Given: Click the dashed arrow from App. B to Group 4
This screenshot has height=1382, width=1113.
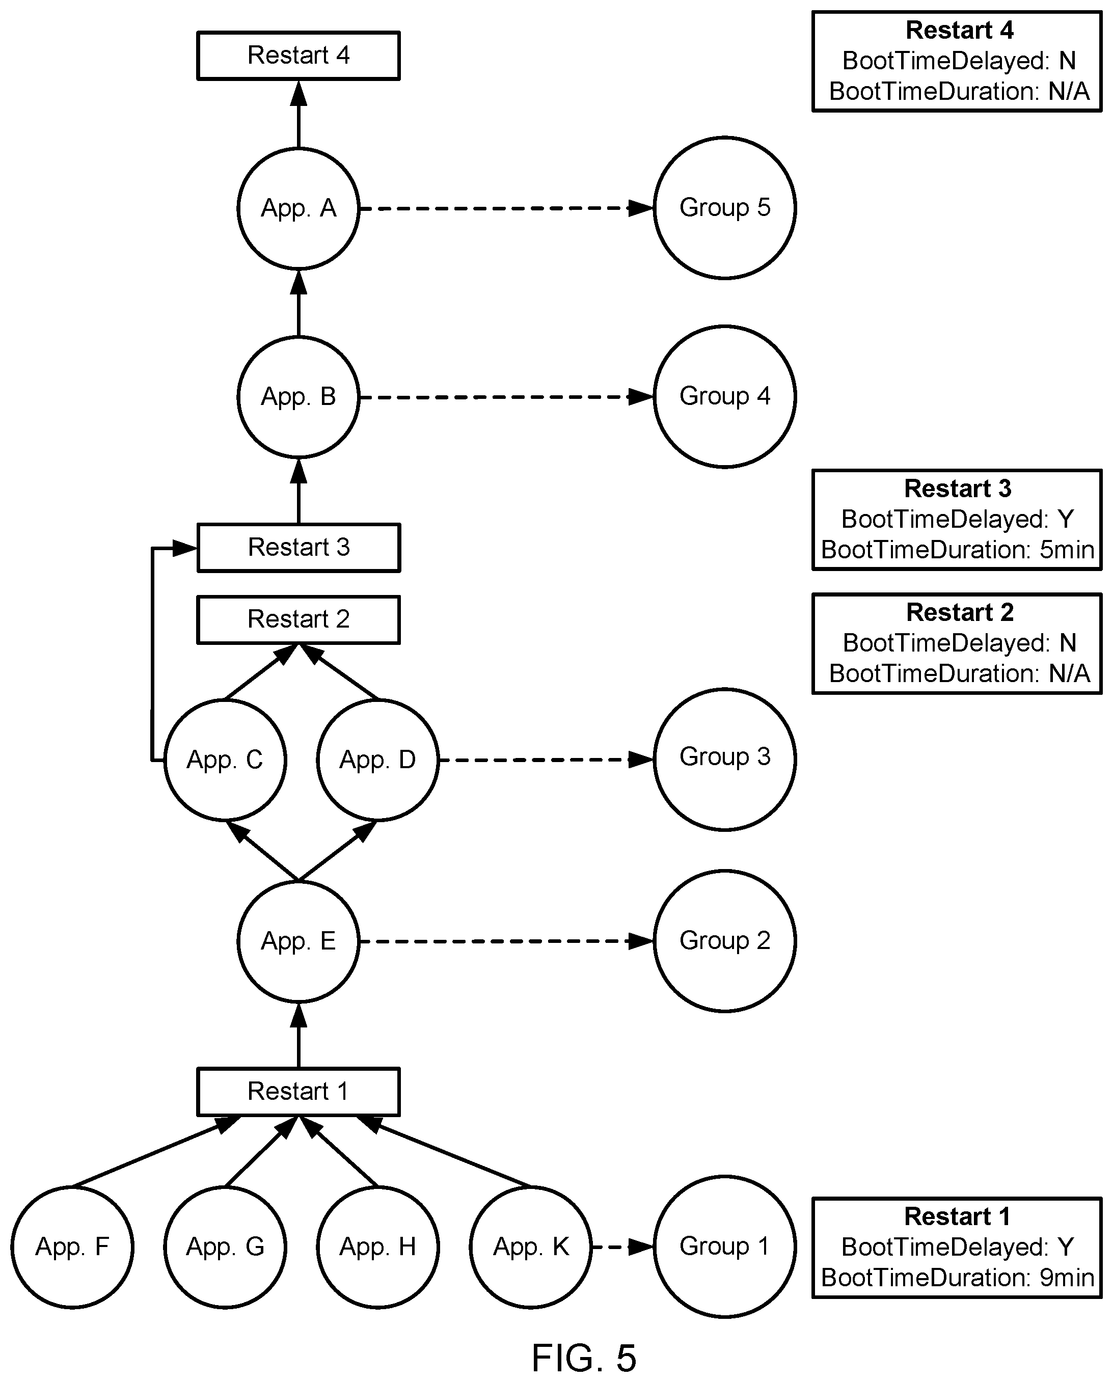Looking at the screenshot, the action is [x=506, y=397].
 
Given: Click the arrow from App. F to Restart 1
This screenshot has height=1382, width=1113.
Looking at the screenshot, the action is [x=156, y=1151].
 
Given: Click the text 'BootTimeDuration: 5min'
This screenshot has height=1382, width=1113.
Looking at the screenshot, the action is [x=957, y=549].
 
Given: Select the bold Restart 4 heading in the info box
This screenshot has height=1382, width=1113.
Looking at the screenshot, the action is [x=959, y=30].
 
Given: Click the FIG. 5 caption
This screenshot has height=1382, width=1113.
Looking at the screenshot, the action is [x=584, y=1357].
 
